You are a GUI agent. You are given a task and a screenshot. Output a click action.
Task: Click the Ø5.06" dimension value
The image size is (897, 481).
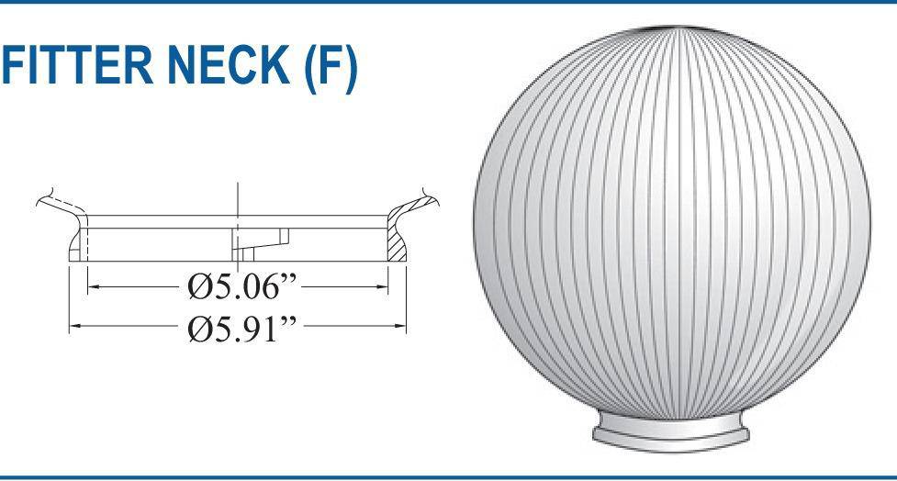(x=240, y=288)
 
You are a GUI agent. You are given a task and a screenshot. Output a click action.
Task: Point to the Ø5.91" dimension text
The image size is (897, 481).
(x=240, y=326)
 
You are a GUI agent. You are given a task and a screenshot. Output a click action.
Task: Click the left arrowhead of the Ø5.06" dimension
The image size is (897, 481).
(x=92, y=287)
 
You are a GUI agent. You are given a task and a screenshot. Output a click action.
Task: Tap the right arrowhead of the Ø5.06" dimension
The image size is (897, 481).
(x=384, y=287)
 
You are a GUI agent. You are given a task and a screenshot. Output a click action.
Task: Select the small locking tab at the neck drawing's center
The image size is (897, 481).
(x=257, y=242)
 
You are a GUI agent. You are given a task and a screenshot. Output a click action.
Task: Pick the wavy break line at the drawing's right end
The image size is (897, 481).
(x=432, y=197)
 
